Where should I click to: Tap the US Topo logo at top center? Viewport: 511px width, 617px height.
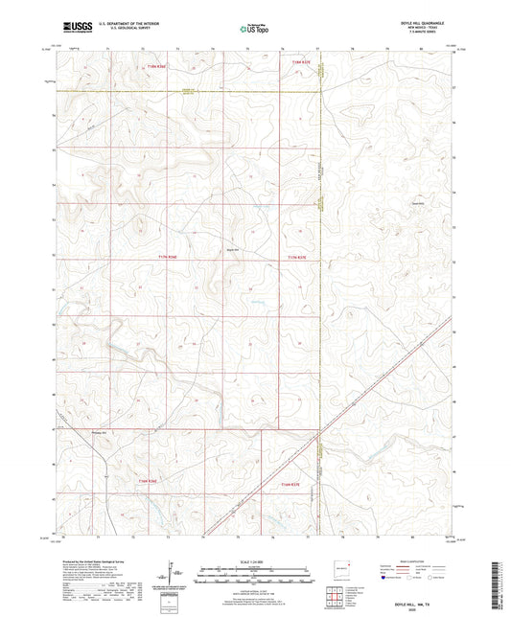[254, 30]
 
